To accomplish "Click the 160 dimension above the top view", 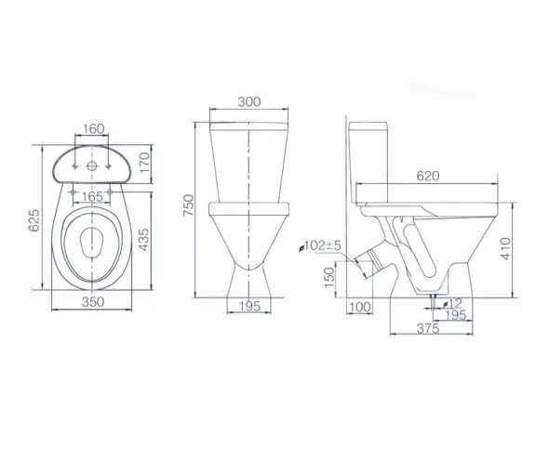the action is coord(93,129).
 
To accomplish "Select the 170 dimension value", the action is coord(144,164).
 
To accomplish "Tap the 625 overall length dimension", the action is coord(34,220).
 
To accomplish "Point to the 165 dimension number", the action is coord(92,197).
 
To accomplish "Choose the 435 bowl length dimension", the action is coord(143,240).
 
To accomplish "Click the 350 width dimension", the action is coord(93,302).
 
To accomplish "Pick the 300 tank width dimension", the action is coord(249,101).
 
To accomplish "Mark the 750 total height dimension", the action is coord(188,205).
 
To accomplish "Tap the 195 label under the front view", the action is coord(249,307).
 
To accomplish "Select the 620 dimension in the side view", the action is coord(428,176).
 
